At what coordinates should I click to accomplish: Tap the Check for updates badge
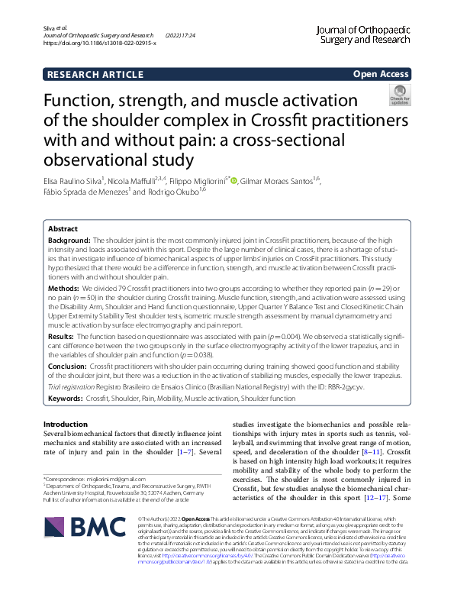point(399,95)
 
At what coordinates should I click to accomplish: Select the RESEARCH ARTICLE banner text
point(95,74)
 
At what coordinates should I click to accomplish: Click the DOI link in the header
point(100,44)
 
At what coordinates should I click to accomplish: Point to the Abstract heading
point(63,228)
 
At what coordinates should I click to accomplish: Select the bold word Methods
point(63,289)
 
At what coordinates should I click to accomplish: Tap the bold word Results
point(61,336)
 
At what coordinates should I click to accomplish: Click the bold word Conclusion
point(68,367)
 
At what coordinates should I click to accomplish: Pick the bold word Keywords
point(66,399)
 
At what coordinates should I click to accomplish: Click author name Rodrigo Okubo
point(172,192)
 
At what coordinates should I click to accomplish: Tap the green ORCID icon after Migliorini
point(233,180)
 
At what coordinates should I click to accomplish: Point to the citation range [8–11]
point(312,452)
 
